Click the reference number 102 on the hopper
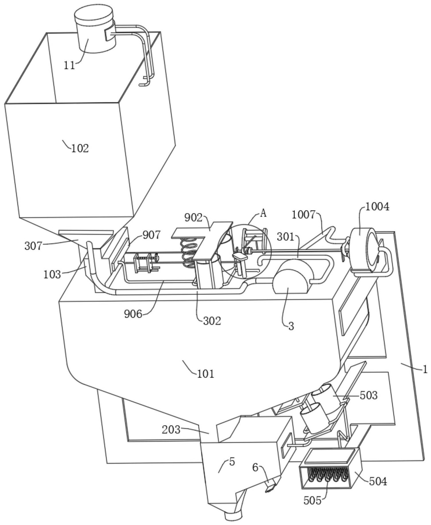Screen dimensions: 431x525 pos(80,148)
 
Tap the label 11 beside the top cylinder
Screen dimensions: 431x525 pos(69,66)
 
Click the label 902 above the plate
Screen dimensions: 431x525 pos(193,218)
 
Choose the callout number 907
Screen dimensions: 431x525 pos(152,235)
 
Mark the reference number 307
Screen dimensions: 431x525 pos(34,246)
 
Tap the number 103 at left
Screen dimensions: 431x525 pos(52,274)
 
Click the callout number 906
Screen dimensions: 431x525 pos(133,314)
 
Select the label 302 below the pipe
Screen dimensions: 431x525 pos(212,321)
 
